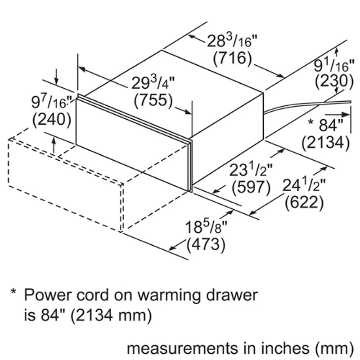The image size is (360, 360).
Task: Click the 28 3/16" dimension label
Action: (x=232, y=42)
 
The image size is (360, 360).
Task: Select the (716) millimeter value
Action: (x=232, y=58)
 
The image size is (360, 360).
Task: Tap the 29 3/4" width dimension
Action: (x=153, y=84)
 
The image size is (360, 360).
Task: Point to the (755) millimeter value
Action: (x=153, y=100)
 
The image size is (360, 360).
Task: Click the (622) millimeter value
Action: (x=305, y=202)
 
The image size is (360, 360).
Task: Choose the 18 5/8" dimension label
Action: (x=205, y=228)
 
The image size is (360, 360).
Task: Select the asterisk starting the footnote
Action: (x=13, y=294)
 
